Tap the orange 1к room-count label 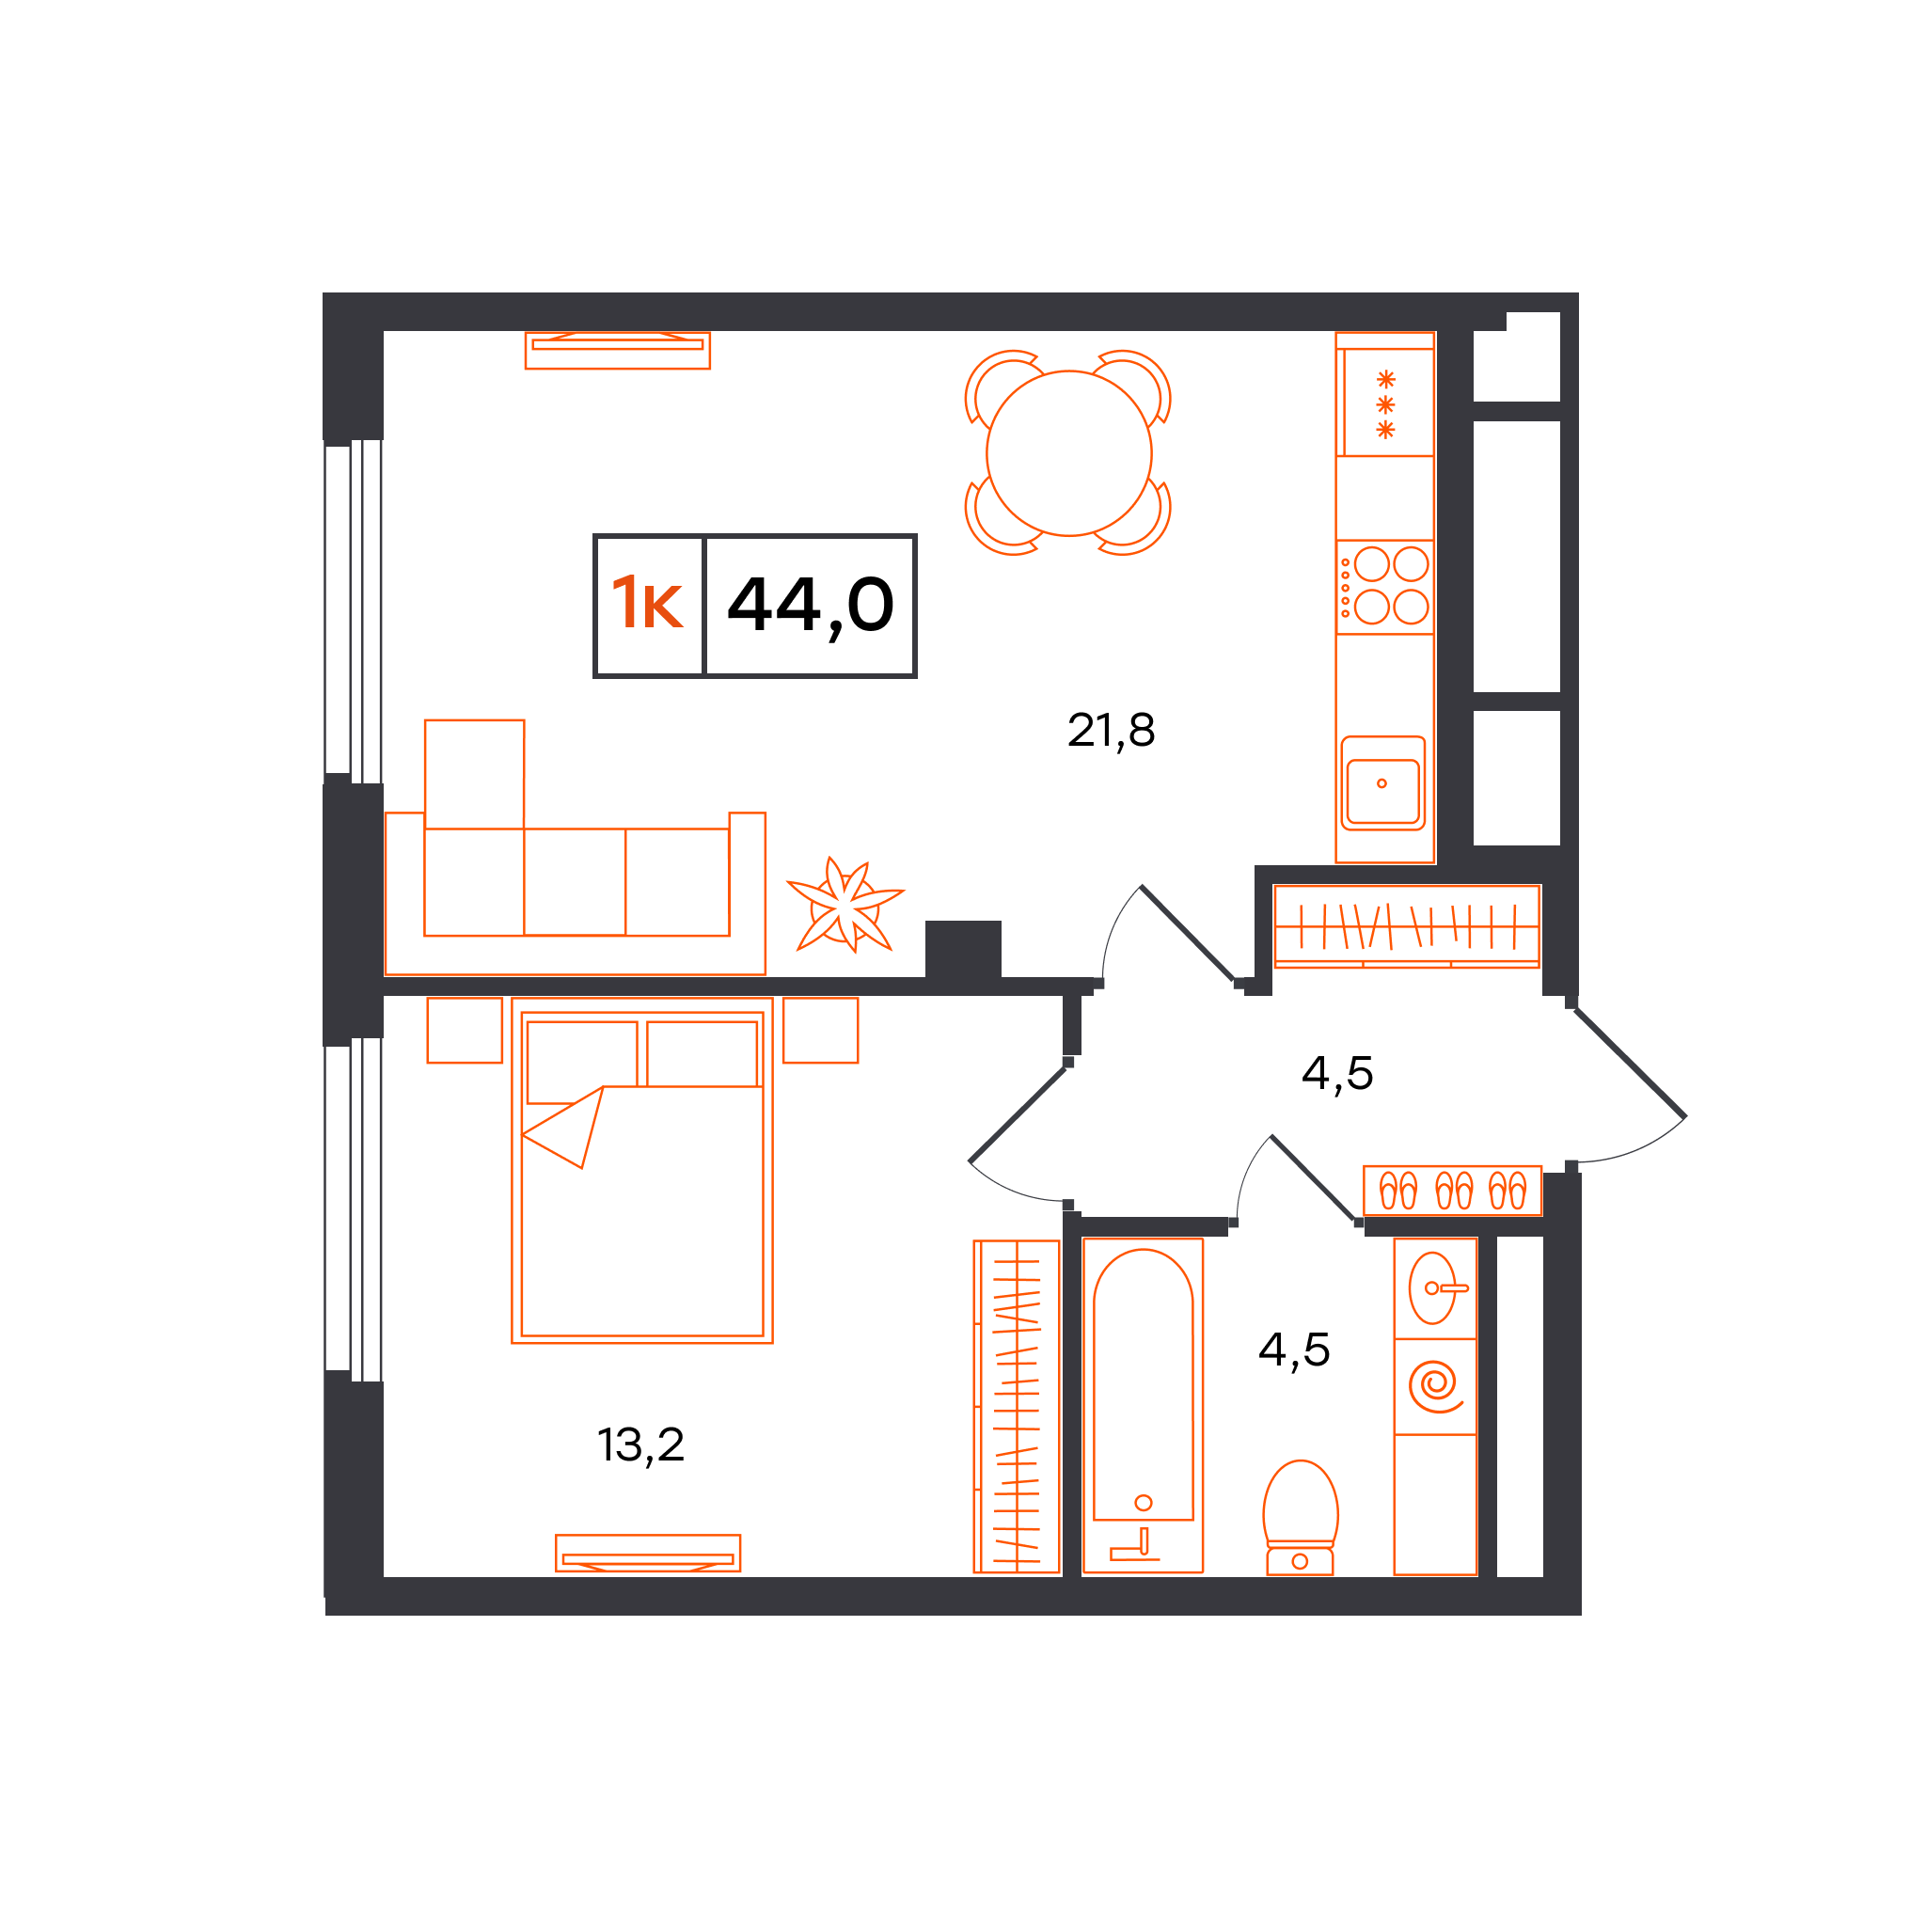pyautogui.click(x=647, y=603)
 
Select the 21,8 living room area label pyautogui.click(x=1111, y=731)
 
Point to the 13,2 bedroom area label pyautogui.click(x=641, y=1444)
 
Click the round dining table pyautogui.click(x=1068, y=453)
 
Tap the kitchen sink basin pyautogui.click(x=1382, y=783)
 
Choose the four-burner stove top pyautogui.click(x=1384, y=587)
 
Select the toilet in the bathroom pyautogui.click(x=1300, y=1518)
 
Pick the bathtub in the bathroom pyautogui.click(x=1143, y=1406)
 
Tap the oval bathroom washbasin pyautogui.click(x=1433, y=1288)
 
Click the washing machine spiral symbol pyautogui.click(x=1434, y=1385)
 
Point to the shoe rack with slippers pyautogui.click(x=1452, y=1191)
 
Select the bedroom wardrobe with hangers pyautogui.click(x=1016, y=1407)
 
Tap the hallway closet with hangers pyautogui.click(x=1407, y=926)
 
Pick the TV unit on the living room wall pyautogui.click(x=618, y=350)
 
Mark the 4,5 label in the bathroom pyautogui.click(x=1294, y=1350)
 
